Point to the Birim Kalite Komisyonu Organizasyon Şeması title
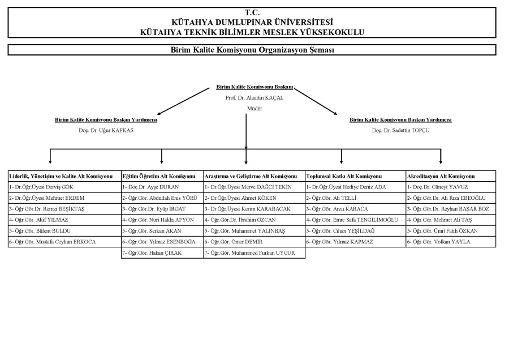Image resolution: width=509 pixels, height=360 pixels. (x=252, y=50)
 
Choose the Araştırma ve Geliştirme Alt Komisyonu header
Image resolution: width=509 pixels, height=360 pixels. (x=250, y=177)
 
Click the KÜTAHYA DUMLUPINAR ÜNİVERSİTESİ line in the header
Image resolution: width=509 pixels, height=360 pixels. (x=252, y=22)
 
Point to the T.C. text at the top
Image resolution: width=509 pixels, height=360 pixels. (x=252, y=12)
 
